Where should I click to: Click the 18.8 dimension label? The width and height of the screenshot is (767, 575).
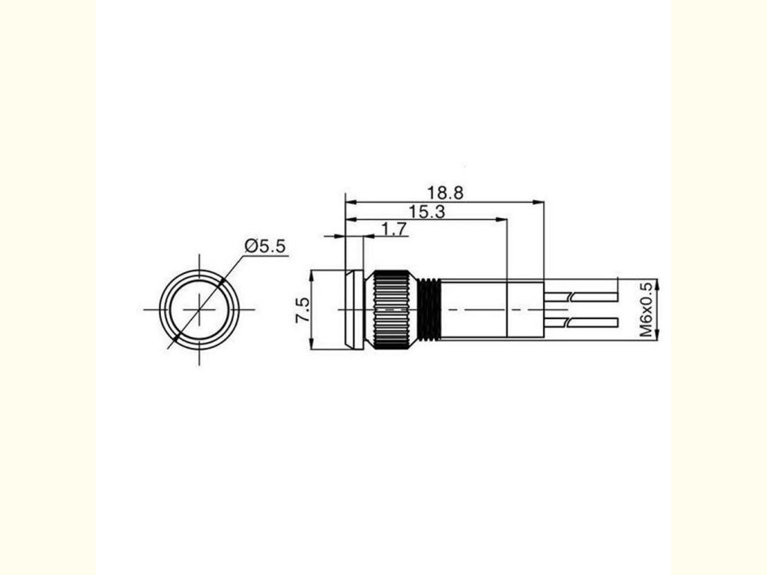(445, 192)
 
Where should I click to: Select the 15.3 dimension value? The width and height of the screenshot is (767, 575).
(426, 212)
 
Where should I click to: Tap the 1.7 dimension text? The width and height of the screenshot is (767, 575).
(394, 229)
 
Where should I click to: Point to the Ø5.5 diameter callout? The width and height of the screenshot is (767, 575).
(264, 246)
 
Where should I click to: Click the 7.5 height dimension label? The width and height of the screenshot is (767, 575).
(303, 309)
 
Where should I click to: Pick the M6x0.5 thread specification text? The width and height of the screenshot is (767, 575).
(646, 309)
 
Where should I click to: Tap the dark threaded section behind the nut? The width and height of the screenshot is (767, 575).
(429, 309)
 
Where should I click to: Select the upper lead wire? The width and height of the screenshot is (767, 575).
(581, 296)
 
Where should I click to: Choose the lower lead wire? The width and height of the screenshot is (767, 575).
(581, 323)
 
